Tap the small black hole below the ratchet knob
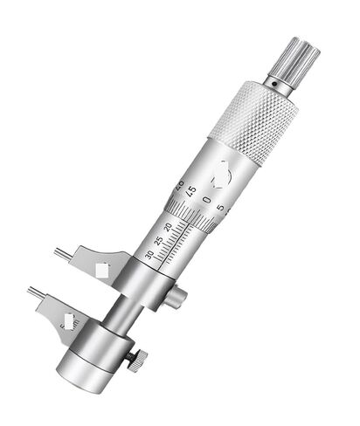point(272,86)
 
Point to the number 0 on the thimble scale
point(207,201)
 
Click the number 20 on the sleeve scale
point(168,226)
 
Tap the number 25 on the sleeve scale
point(157,237)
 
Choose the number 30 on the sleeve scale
point(149,254)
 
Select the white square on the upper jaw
point(103,269)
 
